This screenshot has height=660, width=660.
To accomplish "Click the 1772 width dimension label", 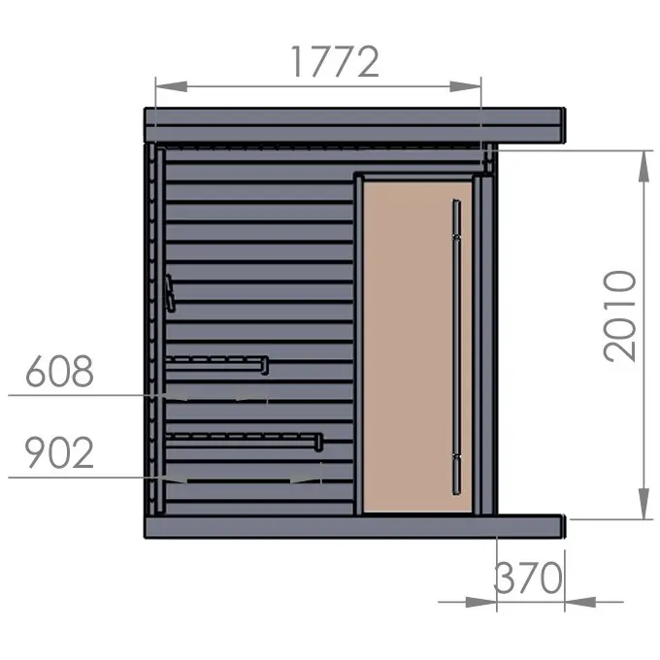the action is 335,61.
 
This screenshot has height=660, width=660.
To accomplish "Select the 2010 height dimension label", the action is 619,315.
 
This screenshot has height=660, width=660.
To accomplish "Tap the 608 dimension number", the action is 59,371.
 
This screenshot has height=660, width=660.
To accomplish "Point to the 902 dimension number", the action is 59,452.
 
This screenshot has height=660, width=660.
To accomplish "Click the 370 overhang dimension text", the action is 528,577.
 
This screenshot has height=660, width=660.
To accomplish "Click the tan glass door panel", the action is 417,346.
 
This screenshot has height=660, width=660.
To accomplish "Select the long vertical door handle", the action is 456,346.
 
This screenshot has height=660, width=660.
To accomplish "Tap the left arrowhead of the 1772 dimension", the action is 172,86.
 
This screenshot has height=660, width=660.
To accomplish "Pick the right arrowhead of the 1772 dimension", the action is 465,86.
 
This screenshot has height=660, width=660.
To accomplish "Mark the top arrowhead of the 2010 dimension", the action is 643,166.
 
